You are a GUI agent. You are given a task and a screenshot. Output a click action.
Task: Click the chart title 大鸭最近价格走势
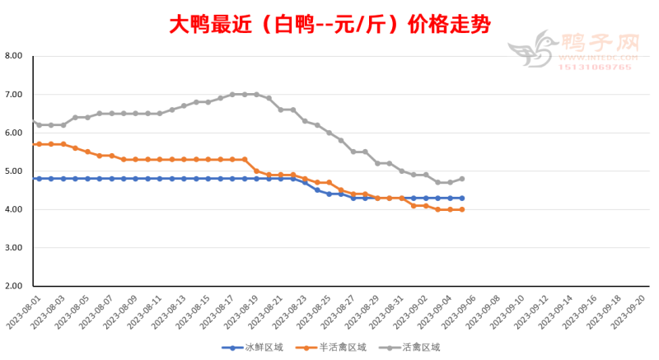tap(329, 24)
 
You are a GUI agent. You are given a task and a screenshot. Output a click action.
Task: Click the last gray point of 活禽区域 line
tap(461, 179)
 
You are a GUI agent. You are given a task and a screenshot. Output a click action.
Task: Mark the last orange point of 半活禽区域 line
tap(461, 209)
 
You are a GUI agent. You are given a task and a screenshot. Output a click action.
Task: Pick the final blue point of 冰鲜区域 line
tap(461, 198)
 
